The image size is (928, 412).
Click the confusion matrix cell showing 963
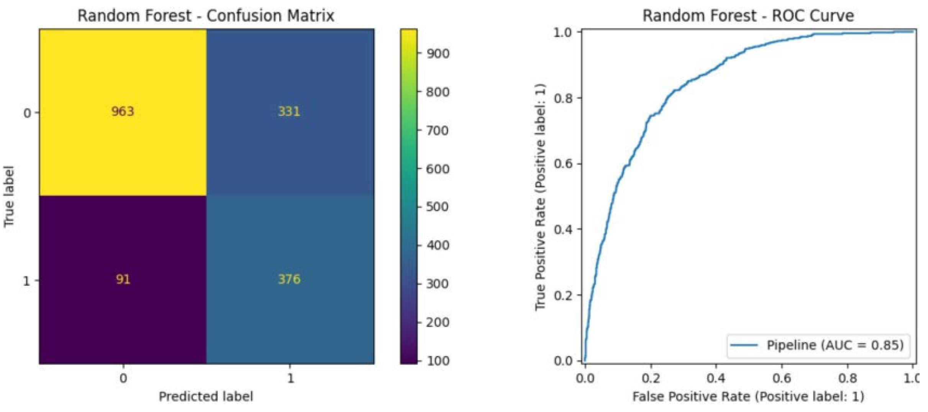[123, 112]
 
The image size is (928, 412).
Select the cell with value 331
[289, 112]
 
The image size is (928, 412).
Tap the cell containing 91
[123, 279]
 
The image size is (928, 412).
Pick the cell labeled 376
[289, 279]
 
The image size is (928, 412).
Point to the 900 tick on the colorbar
[438, 54]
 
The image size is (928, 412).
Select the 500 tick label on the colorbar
[438, 207]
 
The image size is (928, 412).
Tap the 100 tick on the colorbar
[438, 361]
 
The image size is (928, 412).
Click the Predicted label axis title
[206, 396]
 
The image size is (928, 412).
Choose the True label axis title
[9, 196]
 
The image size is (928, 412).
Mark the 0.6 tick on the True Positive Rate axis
[563, 164]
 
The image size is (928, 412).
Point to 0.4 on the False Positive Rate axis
[716, 379]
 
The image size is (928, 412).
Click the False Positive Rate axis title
[748, 396]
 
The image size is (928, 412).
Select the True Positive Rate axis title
[540, 196]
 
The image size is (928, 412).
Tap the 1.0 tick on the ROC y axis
[563, 33]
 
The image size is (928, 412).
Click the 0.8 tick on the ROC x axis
[847, 379]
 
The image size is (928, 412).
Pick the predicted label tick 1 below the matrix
[290, 379]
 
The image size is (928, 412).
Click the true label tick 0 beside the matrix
[27, 113]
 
